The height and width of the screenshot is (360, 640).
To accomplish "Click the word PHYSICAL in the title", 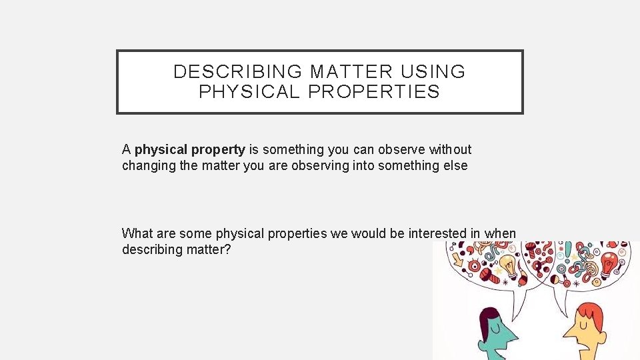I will (249, 92).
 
